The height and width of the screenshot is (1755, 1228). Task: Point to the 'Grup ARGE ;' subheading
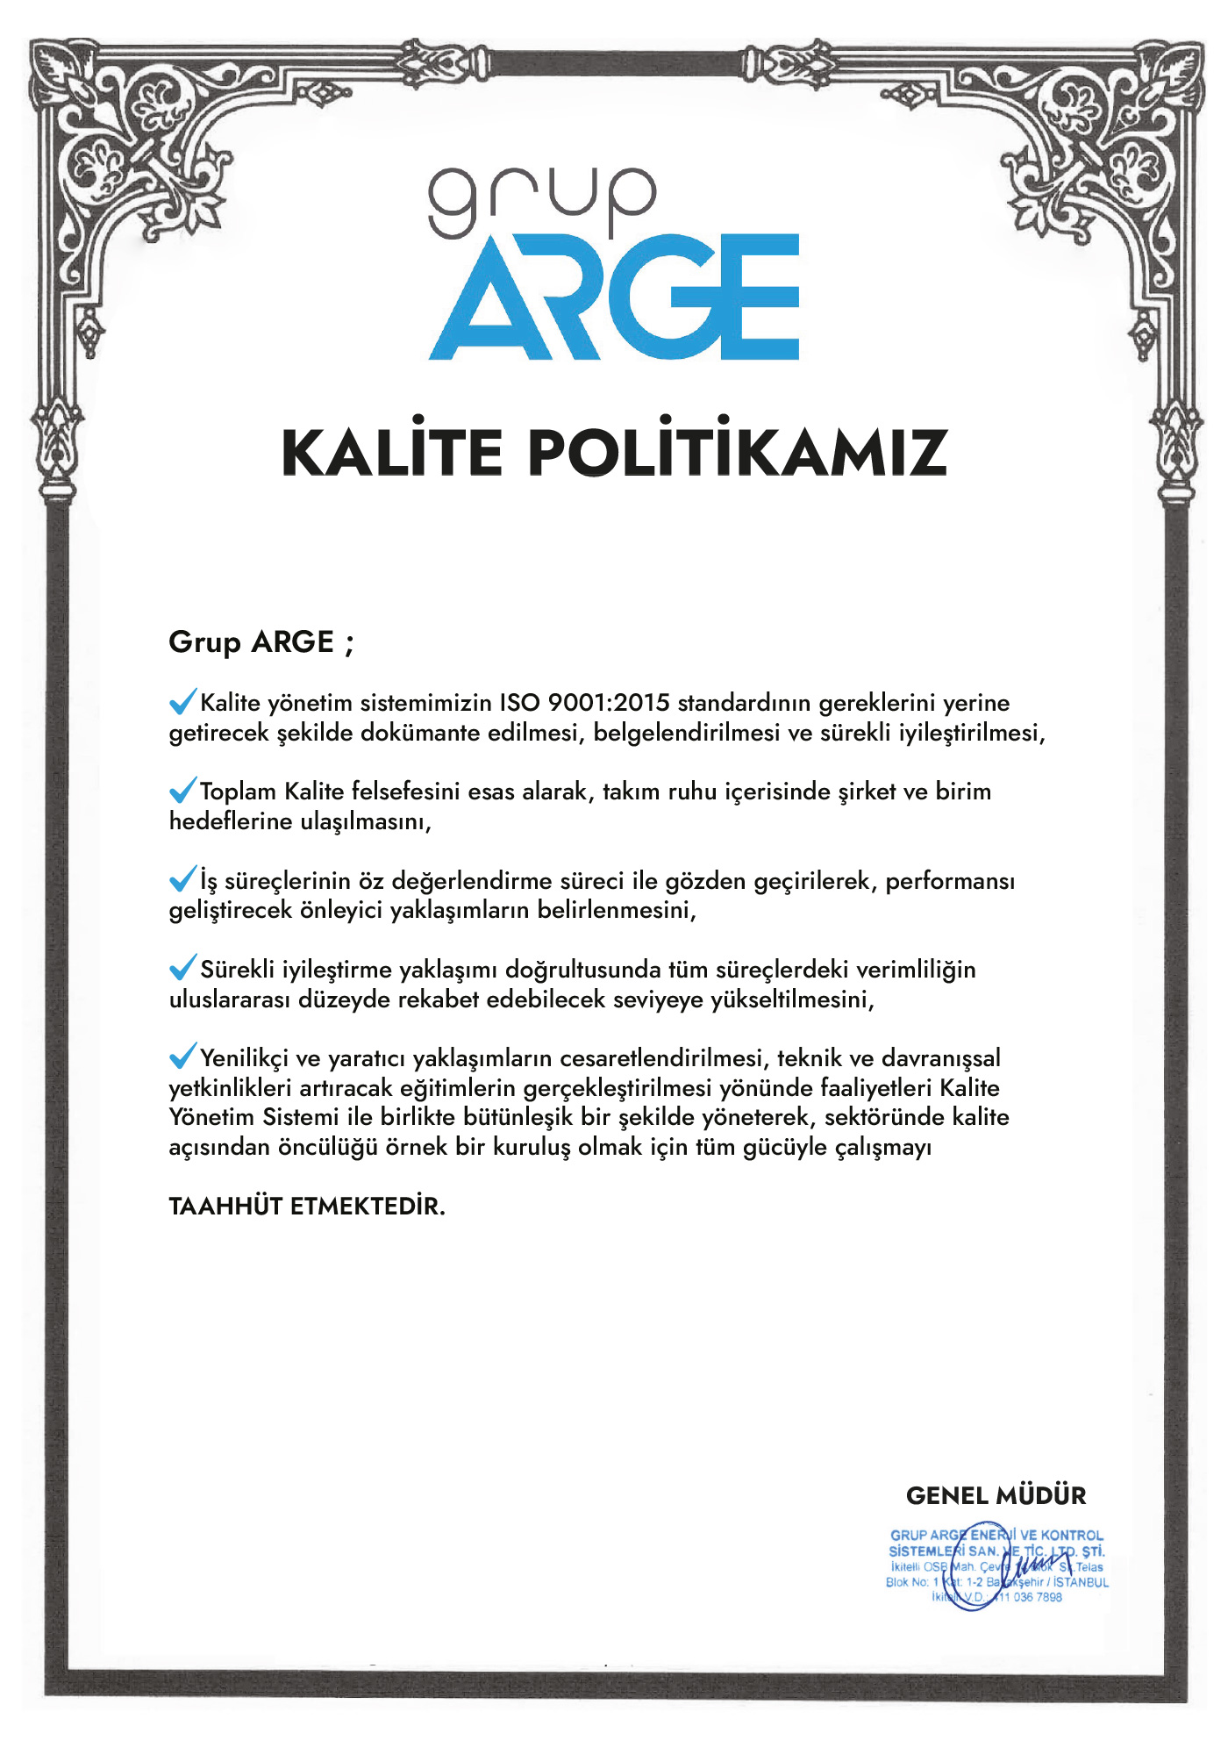(x=261, y=642)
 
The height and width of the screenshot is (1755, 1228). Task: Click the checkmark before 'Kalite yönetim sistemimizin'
(x=182, y=701)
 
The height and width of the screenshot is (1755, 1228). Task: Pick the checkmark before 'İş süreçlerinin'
(x=182, y=878)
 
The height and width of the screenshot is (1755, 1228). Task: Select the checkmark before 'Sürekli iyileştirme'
(x=182, y=968)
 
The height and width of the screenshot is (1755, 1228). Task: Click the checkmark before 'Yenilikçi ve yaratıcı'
(x=182, y=1057)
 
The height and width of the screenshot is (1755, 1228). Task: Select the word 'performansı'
(x=950, y=881)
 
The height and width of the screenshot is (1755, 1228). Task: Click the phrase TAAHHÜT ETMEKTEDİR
(x=307, y=1207)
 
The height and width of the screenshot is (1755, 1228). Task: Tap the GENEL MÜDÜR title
(x=996, y=1495)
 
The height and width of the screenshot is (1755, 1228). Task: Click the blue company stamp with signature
(x=996, y=1567)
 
